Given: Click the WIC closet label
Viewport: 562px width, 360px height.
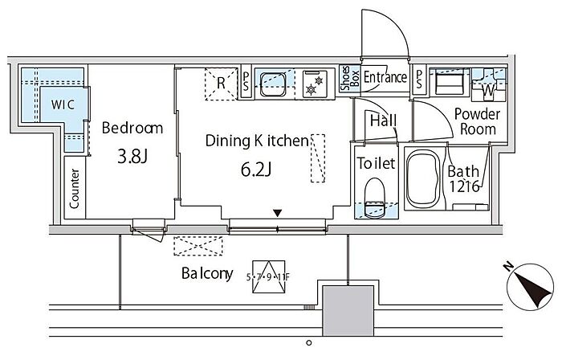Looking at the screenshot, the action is coord(63,104).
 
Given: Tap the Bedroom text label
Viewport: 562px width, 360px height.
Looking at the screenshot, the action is coord(132,128).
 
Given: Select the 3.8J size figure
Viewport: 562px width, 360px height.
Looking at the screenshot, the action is coord(132,157).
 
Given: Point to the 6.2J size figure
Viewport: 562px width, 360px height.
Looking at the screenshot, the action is coord(256,170).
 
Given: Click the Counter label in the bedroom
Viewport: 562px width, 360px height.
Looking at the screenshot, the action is coord(74,189).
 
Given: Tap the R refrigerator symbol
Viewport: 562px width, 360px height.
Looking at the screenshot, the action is coord(221,84).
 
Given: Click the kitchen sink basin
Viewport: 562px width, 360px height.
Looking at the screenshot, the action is coord(273,84).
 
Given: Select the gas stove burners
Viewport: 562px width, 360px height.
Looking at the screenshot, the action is coord(315,84).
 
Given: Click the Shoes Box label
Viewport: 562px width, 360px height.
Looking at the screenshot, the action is coord(349,78).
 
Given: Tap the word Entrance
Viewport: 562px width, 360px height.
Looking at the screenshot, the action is coord(385,77).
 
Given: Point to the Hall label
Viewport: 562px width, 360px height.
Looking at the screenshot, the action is coord(383,121).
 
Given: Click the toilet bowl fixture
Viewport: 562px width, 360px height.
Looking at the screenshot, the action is coord(374,197).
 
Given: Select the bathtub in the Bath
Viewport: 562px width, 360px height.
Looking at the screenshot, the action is coord(423,178).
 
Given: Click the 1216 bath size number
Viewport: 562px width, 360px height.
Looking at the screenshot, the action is coord(464,186).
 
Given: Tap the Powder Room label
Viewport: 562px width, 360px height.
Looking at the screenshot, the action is coord(477,121).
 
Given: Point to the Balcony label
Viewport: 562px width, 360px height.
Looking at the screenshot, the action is coord(207,273).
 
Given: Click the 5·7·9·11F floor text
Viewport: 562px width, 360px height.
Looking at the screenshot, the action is coord(268,276).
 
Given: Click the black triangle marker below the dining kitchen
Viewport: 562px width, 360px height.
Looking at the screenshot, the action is coord(278,213).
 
